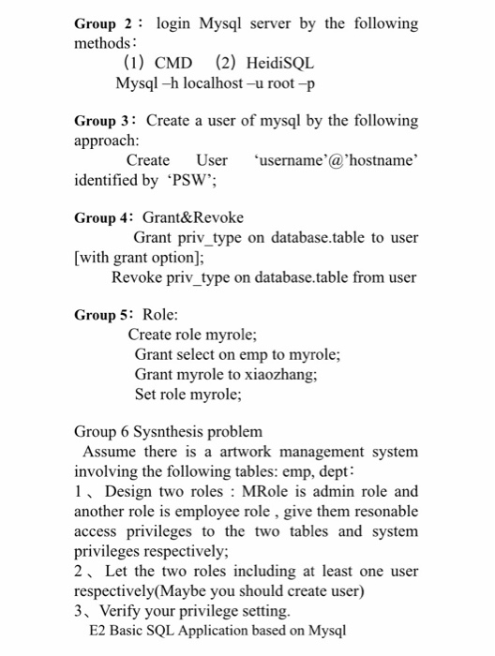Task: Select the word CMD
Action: [x=172, y=63]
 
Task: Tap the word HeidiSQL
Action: [x=280, y=63]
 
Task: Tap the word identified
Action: [x=106, y=180]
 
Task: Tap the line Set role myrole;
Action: [x=187, y=395]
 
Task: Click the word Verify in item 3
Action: [x=127, y=610]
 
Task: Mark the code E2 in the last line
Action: [x=97, y=630]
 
